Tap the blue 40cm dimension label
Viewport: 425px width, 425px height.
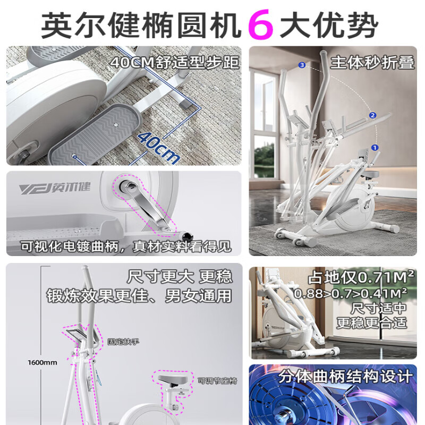pyautogui.click(x=158, y=146)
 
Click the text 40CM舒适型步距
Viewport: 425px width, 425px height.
pyautogui.click(x=175, y=63)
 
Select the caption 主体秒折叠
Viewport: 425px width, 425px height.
pyautogui.click(x=372, y=62)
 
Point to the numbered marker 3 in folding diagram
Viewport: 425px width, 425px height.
pyautogui.click(x=302, y=65)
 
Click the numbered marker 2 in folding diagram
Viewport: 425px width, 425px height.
pyautogui.click(x=372, y=115)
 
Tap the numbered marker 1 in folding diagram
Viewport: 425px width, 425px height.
pyautogui.click(x=375, y=148)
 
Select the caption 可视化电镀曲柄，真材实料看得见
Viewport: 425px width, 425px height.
pyautogui.click(x=126, y=246)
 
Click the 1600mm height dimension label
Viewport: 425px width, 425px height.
pyautogui.click(x=42, y=363)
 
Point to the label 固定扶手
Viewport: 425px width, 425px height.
pyautogui.click(x=123, y=342)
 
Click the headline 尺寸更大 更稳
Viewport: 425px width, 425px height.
pyautogui.click(x=180, y=277)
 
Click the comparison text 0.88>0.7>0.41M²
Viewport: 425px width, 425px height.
pyautogui.click(x=351, y=293)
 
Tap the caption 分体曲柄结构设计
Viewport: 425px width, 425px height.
pyautogui.click(x=345, y=377)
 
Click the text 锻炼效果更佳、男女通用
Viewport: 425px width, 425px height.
pyautogui.click(x=139, y=295)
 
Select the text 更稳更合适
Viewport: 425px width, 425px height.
pyautogui.click(x=371, y=322)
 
